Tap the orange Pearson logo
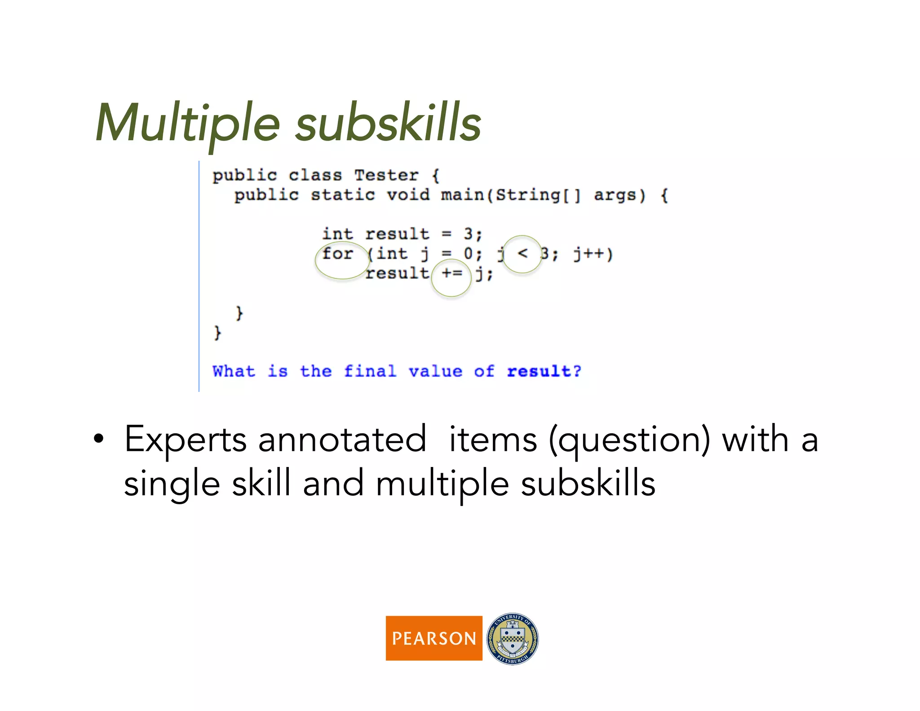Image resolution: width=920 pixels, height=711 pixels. pyautogui.click(x=433, y=638)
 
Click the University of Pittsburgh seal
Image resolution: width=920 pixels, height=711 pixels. pyautogui.click(x=513, y=638)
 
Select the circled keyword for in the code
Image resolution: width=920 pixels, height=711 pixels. pyautogui.click(x=338, y=254)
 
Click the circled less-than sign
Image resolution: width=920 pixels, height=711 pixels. pyautogui.click(x=522, y=253)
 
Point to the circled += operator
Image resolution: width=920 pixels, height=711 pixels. pyautogui.click(x=451, y=273)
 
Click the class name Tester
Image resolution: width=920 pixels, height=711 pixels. pyautogui.click(x=386, y=175)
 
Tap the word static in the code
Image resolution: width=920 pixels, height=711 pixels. pyautogui.click(x=343, y=195)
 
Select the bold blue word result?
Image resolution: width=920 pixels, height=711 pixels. pyautogui.click(x=544, y=371)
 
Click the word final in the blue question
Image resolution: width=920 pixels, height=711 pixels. pyautogui.click(x=370, y=371)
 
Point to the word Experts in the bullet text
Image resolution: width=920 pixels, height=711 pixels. pyautogui.click(x=185, y=440)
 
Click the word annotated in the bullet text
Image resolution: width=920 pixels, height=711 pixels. pyautogui.click(x=342, y=440)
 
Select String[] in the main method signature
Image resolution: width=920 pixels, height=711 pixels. pyautogui.click(x=538, y=195)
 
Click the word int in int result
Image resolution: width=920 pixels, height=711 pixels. pyautogui.click(x=337, y=234)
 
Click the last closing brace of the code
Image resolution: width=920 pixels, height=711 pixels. pyautogui.click(x=217, y=333)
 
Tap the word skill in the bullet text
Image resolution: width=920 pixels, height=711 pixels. pyautogui.click(x=261, y=484)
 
